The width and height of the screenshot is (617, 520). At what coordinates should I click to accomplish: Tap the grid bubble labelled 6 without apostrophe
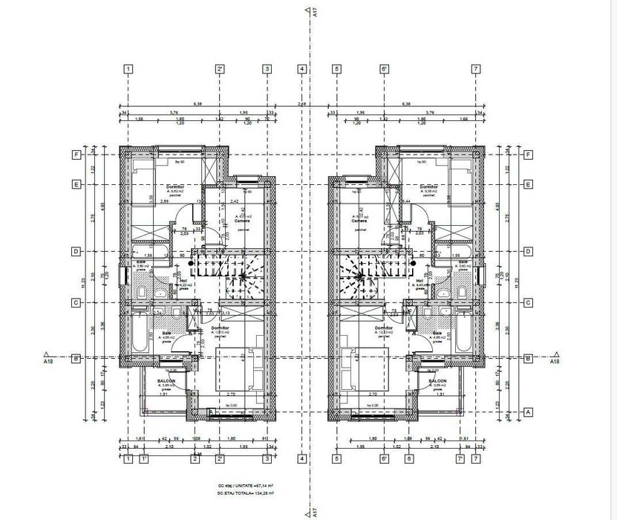click(408, 459)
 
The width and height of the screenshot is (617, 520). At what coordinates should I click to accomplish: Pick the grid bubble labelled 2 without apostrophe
click(195, 459)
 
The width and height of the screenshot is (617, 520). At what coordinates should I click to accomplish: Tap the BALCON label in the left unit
click(166, 381)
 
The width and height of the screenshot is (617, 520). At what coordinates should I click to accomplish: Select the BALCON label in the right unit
click(437, 381)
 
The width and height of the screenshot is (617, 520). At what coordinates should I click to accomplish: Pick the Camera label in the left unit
click(242, 221)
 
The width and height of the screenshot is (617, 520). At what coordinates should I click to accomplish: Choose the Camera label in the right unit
click(359, 221)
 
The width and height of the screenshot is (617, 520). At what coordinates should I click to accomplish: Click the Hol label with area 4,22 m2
click(183, 281)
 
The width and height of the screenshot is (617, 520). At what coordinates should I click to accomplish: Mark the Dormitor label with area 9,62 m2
click(175, 186)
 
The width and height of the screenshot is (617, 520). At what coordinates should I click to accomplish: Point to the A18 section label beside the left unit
click(48, 362)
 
